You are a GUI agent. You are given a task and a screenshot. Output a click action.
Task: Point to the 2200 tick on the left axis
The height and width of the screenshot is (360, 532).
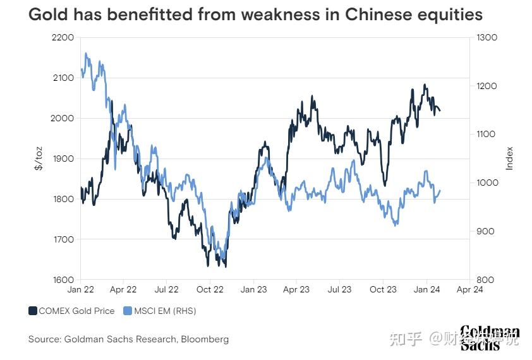coord(62,37)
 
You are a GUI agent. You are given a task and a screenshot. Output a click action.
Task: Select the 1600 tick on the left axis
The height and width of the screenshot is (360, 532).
coord(62,280)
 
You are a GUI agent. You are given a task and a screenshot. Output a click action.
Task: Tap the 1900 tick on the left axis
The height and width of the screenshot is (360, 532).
coord(62,159)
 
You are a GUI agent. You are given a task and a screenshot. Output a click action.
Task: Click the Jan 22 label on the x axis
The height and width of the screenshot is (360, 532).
coord(80,289)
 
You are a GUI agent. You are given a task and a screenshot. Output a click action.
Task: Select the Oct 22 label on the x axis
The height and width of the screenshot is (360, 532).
coord(210,289)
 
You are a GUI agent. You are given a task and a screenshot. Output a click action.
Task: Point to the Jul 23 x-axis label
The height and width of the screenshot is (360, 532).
coord(339,289)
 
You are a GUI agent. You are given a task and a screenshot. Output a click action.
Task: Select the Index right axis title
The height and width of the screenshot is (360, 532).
coord(509,159)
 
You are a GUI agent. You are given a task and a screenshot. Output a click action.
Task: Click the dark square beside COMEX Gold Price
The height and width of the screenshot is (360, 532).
coord(32,311)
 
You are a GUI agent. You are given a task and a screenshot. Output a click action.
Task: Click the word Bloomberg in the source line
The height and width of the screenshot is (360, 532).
coord(205,339)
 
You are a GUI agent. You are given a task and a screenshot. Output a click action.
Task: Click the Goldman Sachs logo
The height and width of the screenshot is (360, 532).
coord(490,337)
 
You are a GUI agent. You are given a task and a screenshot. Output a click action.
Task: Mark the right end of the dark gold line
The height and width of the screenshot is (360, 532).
coord(440,111)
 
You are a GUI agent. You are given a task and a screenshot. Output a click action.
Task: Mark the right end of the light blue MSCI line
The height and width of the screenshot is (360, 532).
coord(440,190)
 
